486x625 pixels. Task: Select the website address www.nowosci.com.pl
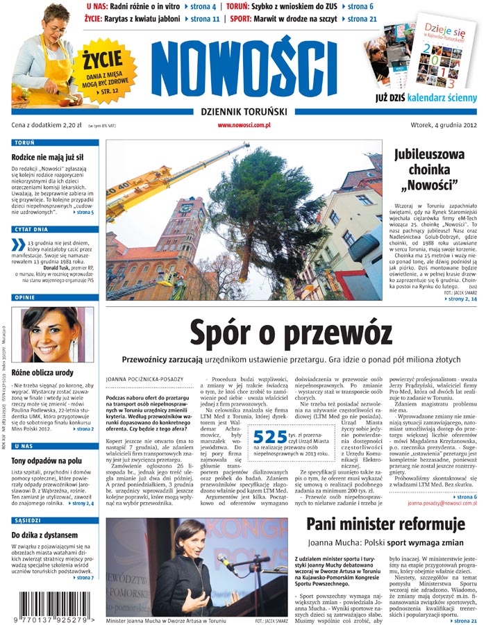pyautogui.click(x=244, y=125)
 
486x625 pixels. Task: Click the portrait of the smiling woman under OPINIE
pyautogui.click(x=52, y=335)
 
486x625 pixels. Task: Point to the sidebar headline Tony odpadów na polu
pyautogui.click(x=47, y=460)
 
